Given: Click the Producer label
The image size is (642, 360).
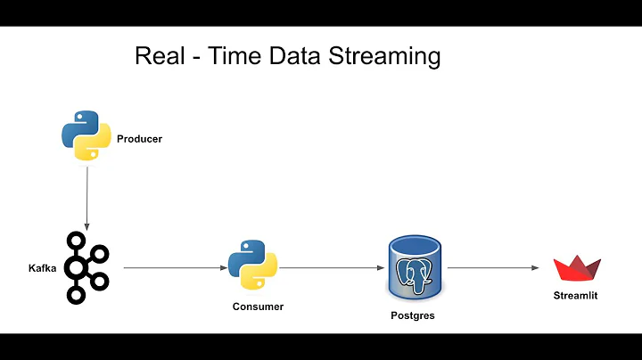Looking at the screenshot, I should tap(140, 139).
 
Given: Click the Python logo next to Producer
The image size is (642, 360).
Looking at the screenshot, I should tap(86, 135).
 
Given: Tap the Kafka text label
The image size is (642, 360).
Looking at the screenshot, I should tap(42, 266).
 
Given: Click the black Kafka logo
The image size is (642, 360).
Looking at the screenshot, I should tap(86, 266).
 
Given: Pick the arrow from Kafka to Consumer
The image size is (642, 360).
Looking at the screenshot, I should tap(173, 266).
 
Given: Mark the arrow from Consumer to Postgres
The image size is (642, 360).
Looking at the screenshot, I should tap(329, 266).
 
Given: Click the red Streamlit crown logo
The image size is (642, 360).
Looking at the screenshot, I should tap(577, 268).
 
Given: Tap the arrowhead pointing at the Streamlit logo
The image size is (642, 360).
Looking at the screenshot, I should tap(537, 266).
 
